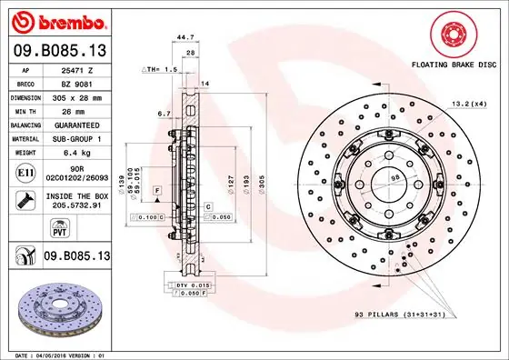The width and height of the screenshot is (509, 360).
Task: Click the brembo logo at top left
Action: click(x=56, y=21)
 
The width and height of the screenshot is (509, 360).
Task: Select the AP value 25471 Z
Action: click(x=78, y=68)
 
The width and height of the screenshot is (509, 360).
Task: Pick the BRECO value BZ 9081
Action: click(x=78, y=82)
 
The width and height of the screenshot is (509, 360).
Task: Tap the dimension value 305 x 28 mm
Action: click(x=78, y=95)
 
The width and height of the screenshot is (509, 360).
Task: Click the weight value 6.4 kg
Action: click(x=78, y=153)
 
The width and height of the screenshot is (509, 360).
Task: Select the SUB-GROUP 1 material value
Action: click(x=78, y=138)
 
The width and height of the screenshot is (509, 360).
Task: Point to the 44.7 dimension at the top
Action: click(x=185, y=38)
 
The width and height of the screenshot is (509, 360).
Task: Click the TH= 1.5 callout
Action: click(x=160, y=69)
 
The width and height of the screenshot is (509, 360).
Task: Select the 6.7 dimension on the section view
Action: click(x=164, y=115)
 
